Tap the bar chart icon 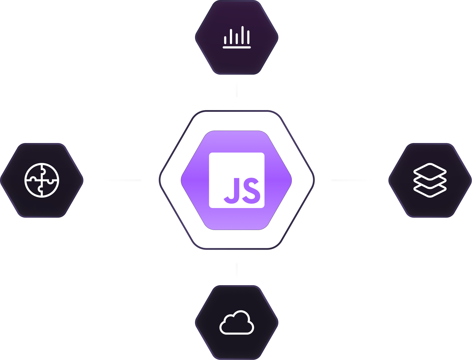(237, 37)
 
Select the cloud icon (237, 323)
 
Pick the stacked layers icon (430, 180)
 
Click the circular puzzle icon (42, 180)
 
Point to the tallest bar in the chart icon (243, 35)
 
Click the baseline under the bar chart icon (237, 47)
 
